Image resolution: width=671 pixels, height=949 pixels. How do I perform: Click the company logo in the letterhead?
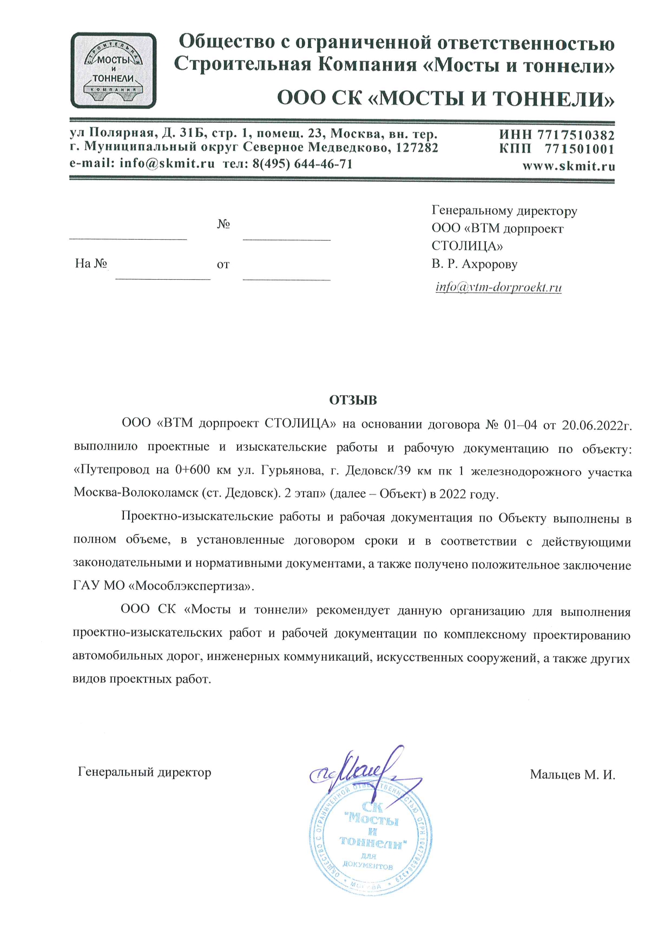pos(113,70)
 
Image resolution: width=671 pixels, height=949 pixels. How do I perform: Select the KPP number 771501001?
pos(579,149)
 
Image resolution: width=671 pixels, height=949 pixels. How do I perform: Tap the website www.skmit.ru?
pos(568,166)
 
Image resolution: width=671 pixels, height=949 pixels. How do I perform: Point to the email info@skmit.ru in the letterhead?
pos(167,163)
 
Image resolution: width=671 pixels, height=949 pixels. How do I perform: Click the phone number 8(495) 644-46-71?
pos(302,163)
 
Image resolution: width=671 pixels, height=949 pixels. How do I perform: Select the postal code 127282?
pos(417,148)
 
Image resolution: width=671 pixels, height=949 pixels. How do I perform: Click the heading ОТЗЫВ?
pos(353,400)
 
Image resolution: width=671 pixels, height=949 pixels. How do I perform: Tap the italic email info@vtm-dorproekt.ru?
pos(498,287)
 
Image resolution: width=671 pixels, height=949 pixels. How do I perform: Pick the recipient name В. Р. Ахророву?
pos(474,264)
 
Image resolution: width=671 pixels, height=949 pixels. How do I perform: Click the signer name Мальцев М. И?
pos(573,775)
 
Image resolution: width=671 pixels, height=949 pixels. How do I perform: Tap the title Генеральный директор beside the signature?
pos(144,772)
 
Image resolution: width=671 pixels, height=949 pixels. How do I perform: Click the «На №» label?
pos(91,263)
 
